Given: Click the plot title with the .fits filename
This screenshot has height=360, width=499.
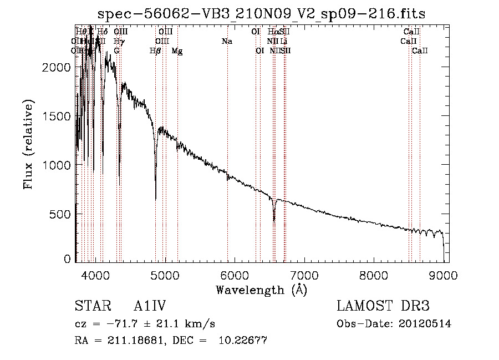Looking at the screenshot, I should (261, 14).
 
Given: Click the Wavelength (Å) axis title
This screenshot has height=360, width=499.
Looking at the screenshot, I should (261, 290).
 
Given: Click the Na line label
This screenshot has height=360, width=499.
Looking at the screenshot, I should (227, 41).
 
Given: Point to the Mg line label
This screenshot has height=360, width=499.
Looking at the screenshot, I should (177, 50).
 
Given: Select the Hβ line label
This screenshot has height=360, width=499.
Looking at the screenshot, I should (155, 50).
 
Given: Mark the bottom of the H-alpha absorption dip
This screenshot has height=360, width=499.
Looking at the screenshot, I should (274, 220).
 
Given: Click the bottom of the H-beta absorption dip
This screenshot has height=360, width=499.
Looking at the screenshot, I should (155, 199).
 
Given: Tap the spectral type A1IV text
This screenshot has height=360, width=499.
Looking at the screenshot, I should (150, 306).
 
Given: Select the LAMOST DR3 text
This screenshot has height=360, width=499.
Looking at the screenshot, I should (383, 306).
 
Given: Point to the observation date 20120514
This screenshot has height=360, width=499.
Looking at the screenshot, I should (425, 324).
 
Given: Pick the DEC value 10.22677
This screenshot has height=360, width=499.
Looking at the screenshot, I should (245, 341).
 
